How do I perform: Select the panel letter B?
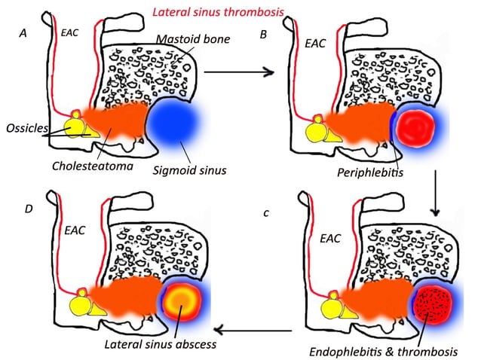pos(262,34)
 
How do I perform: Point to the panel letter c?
pos(266,213)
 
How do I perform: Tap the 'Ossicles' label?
pos(23,127)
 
